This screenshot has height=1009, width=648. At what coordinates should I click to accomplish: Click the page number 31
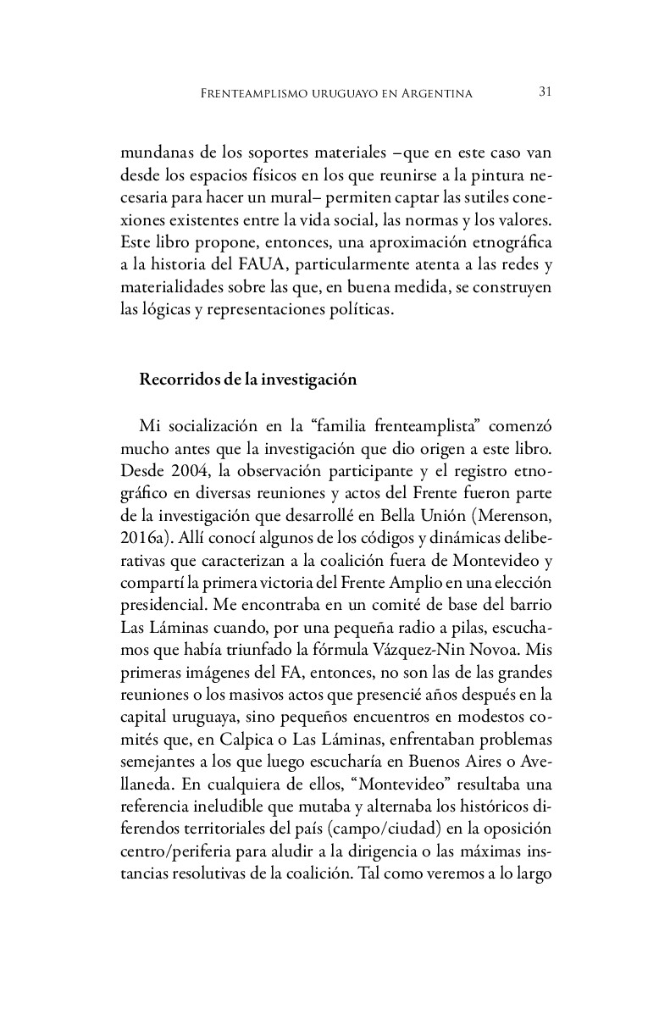(x=546, y=92)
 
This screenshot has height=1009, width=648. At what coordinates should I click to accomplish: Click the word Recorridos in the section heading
(x=175, y=380)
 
